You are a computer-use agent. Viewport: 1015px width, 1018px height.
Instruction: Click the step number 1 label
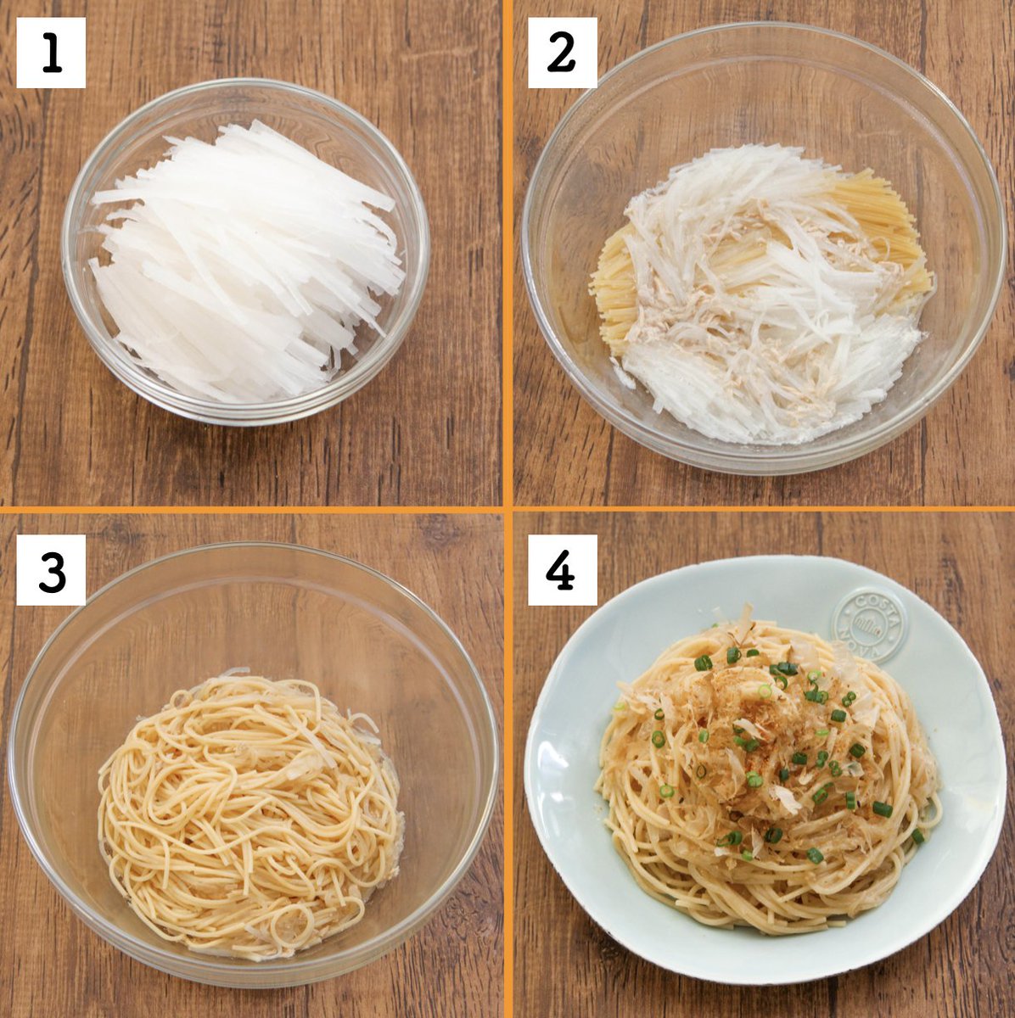click(51, 53)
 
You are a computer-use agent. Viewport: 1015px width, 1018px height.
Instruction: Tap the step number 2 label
click(562, 53)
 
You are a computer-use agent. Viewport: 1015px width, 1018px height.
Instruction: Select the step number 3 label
click(51, 570)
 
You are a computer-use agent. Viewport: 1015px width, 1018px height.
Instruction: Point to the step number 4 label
click(562, 570)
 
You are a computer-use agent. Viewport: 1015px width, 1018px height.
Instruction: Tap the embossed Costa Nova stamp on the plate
click(870, 626)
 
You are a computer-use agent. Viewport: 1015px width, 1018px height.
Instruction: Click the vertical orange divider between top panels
click(507, 254)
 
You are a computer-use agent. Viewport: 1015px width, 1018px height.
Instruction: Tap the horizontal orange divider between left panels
click(251, 509)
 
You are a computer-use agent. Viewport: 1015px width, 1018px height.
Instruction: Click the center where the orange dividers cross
click(507, 509)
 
